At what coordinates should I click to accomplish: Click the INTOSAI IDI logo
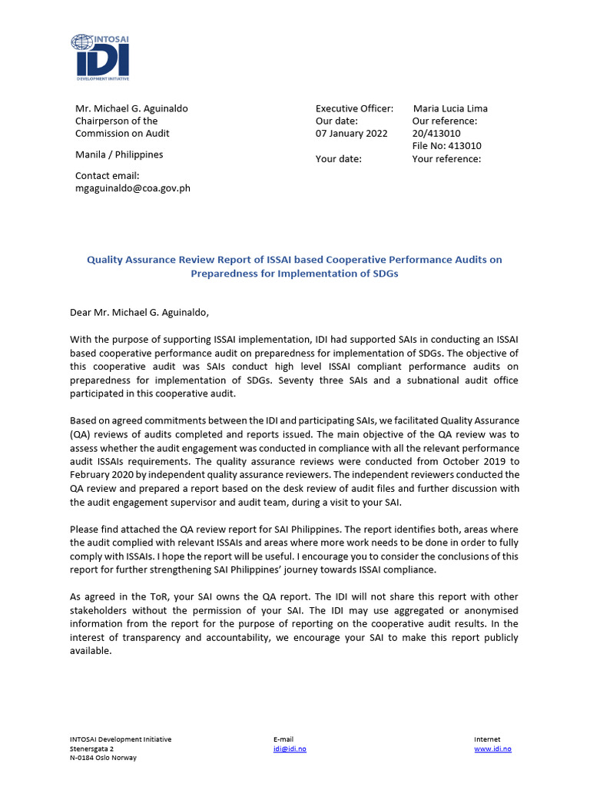click(x=100, y=56)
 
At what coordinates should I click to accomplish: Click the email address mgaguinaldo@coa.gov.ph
click(x=132, y=188)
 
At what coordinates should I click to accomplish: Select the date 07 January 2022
click(x=351, y=133)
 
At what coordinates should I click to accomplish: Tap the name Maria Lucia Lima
click(x=450, y=108)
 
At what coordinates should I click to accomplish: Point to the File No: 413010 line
click(x=446, y=146)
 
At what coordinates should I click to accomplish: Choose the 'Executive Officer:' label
click(x=354, y=108)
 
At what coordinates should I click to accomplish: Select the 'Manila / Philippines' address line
click(x=119, y=154)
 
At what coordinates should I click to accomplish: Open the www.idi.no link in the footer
click(x=492, y=749)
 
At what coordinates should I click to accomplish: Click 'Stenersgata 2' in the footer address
click(x=91, y=749)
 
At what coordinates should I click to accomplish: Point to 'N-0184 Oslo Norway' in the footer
click(x=103, y=758)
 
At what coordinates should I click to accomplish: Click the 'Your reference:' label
click(x=446, y=159)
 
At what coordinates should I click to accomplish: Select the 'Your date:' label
click(x=338, y=159)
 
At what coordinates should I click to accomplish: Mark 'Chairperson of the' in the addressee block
click(x=116, y=121)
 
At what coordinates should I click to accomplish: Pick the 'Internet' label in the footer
click(x=487, y=739)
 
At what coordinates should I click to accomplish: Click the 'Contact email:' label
click(x=107, y=176)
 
